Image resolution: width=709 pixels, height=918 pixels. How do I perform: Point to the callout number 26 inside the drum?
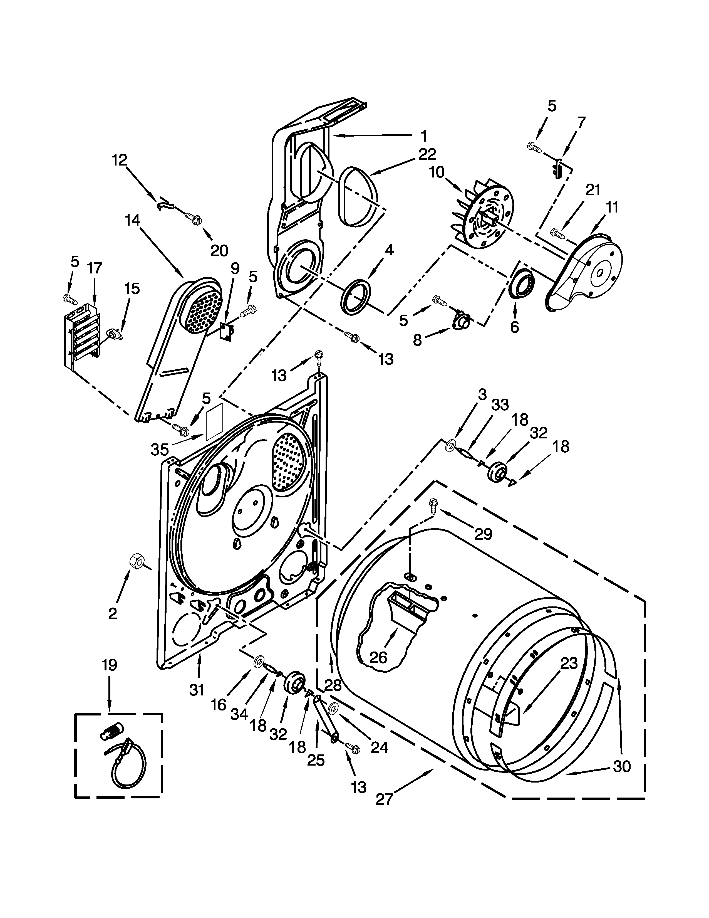point(378,657)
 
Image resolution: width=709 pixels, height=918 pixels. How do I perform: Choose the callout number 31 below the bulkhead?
point(196,690)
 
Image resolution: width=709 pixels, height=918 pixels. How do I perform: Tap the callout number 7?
point(581,122)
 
